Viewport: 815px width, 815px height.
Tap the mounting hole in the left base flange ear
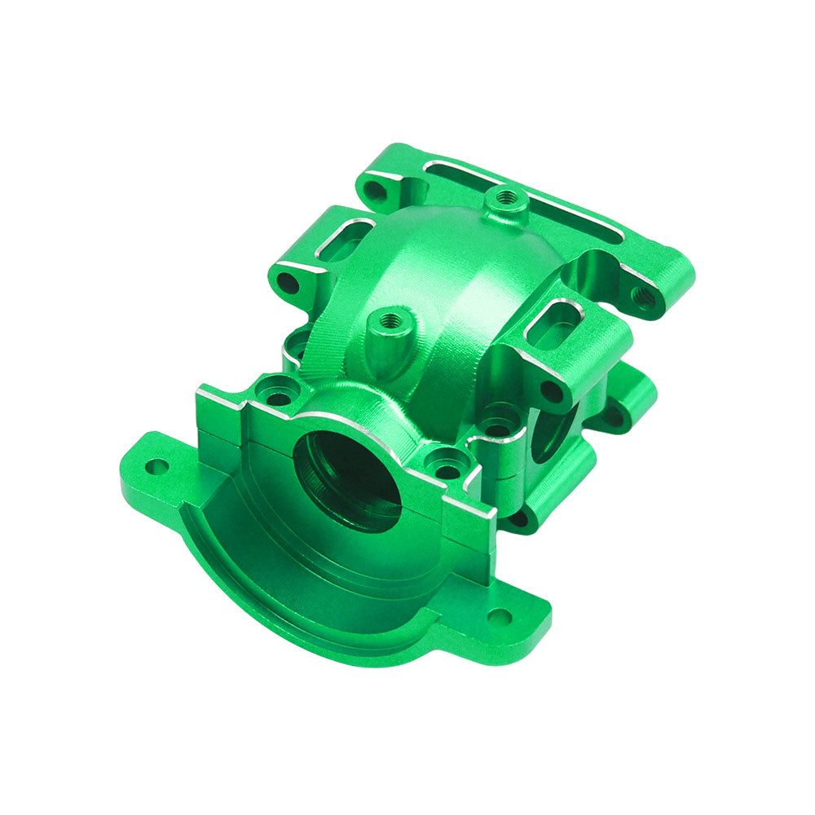tap(156, 467)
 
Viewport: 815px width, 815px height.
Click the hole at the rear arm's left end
tap(374, 191)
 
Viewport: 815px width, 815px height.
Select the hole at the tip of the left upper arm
tap(287, 284)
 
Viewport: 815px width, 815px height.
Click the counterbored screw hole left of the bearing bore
tap(278, 397)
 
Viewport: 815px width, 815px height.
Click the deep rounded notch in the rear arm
tap(599, 269)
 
